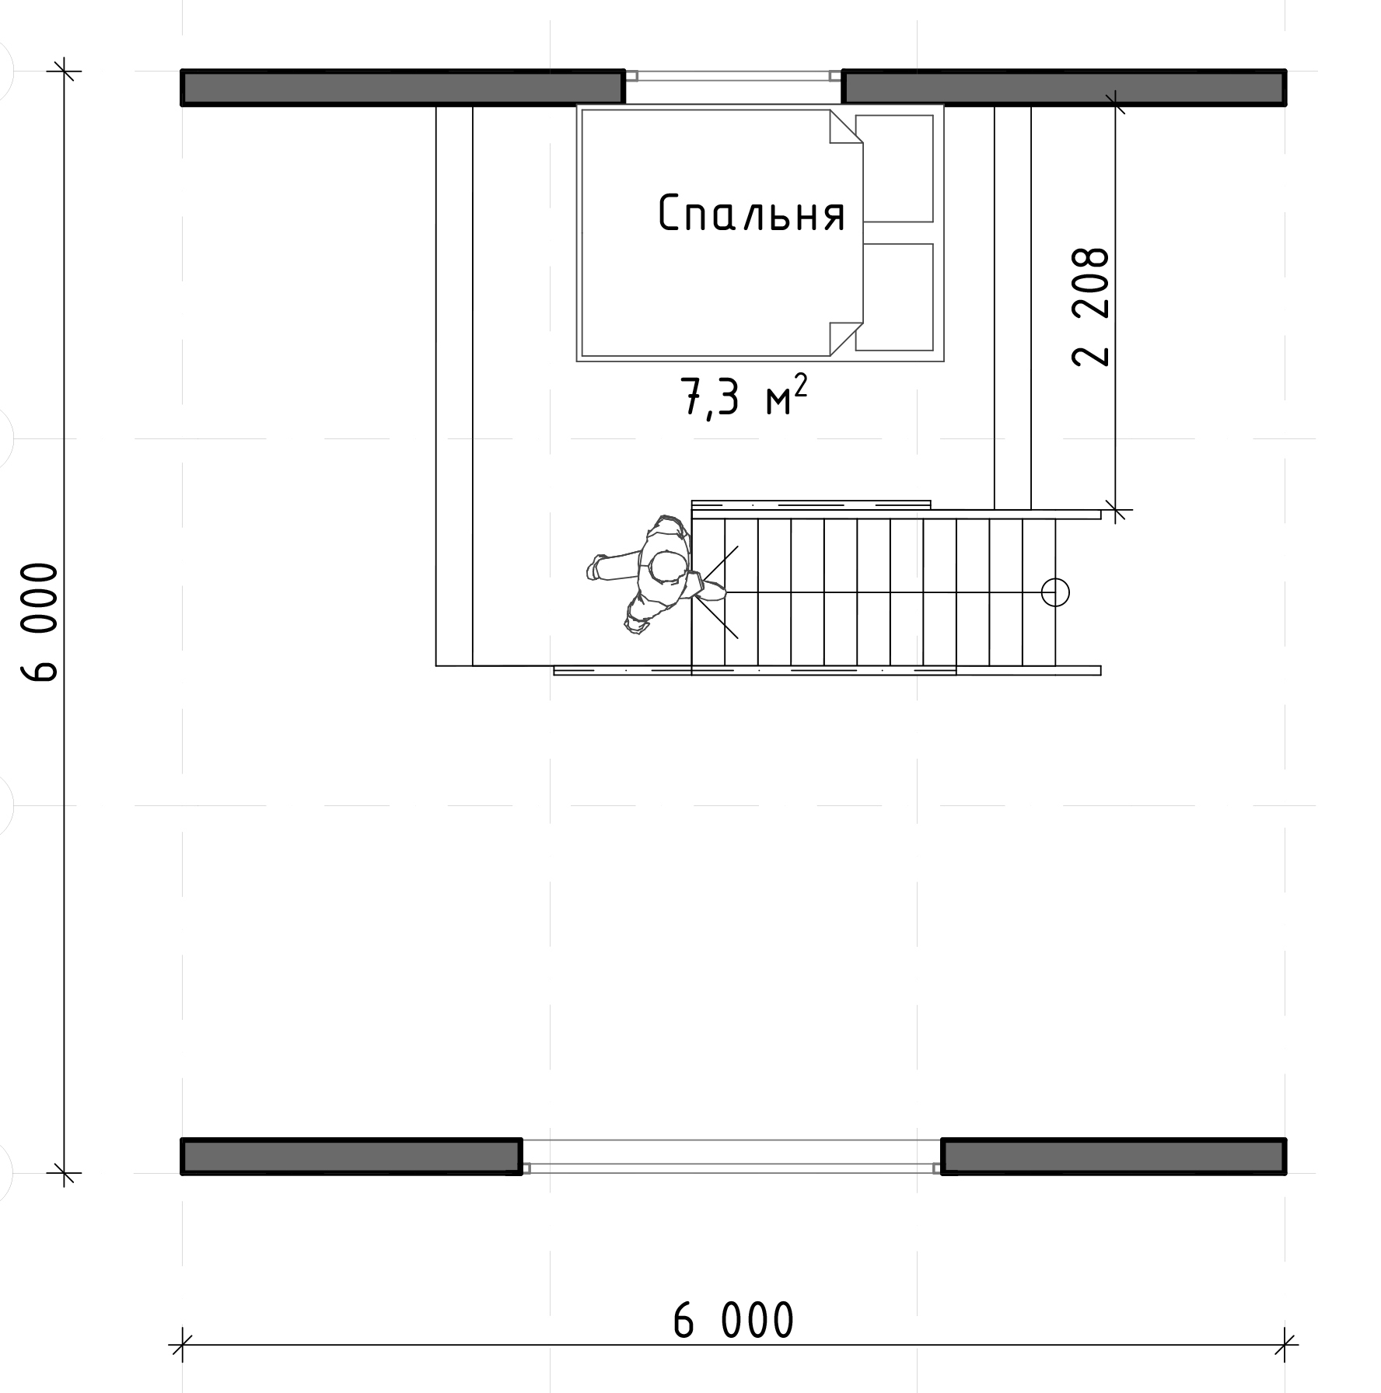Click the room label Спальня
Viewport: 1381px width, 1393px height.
[x=752, y=214]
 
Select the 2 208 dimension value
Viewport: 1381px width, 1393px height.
[x=1090, y=307]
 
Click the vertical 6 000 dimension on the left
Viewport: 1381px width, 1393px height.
[x=40, y=622]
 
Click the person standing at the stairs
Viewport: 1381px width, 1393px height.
[x=655, y=574]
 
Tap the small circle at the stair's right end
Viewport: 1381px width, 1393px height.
[x=1055, y=592]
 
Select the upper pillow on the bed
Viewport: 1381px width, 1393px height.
[x=894, y=169]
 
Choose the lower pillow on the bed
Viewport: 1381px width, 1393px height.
[x=894, y=297]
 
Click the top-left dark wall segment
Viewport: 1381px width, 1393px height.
[x=403, y=87]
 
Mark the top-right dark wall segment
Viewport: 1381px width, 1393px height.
[x=1064, y=87]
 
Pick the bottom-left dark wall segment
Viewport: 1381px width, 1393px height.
[x=351, y=1156]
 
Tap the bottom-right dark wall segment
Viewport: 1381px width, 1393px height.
[x=1114, y=1156]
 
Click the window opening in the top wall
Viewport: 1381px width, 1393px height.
[x=733, y=76]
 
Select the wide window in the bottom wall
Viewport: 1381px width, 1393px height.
[x=732, y=1156]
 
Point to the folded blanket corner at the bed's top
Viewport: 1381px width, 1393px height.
[x=846, y=127]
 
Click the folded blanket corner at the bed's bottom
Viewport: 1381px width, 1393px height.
[x=846, y=339]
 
